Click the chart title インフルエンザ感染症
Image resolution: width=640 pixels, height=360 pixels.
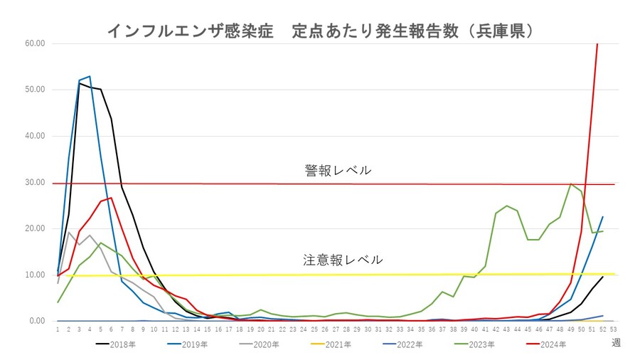(191, 31)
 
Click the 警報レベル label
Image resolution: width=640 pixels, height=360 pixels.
(337, 170)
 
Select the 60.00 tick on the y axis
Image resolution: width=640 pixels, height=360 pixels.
(35, 43)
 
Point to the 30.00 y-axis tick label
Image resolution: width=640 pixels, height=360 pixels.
(35, 182)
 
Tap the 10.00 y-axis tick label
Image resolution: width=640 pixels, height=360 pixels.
(35, 275)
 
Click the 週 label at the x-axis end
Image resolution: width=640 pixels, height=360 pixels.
(616, 343)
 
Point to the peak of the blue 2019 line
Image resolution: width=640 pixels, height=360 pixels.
(90, 76)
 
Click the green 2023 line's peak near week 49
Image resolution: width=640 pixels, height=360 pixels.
(571, 184)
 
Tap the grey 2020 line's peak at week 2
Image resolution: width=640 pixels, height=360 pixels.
(68, 232)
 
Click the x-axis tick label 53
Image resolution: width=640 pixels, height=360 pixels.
(614, 329)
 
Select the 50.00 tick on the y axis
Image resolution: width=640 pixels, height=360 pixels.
(35, 90)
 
